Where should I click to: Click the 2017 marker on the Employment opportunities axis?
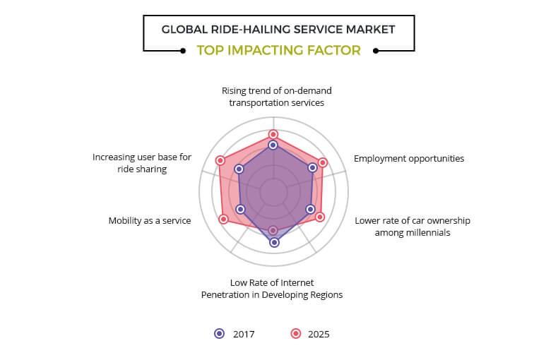tap(312, 168)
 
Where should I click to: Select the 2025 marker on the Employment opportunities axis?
tap(323, 162)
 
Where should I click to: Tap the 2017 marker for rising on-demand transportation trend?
tap(273, 145)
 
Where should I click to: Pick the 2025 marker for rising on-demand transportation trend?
tap(273, 134)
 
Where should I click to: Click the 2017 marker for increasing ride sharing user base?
tap(239, 169)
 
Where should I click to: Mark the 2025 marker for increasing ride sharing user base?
tap(220, 161)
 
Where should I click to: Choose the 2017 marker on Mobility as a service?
tap(240, 209)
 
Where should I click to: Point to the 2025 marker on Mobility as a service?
tap(224, 219)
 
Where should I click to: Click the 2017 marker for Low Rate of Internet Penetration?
tap(274, 242)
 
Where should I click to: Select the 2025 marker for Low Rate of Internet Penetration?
tap(273, 230)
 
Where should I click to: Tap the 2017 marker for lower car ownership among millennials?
tap(309, 209)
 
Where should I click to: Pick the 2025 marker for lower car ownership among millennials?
tap(319, 217)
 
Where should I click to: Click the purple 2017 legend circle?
tap(219, 334)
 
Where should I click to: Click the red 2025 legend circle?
tap(297, 334)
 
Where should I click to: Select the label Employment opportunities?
tap(409, 158)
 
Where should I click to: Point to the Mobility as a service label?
tap(150, 220)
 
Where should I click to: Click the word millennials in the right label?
tap(422, 232)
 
